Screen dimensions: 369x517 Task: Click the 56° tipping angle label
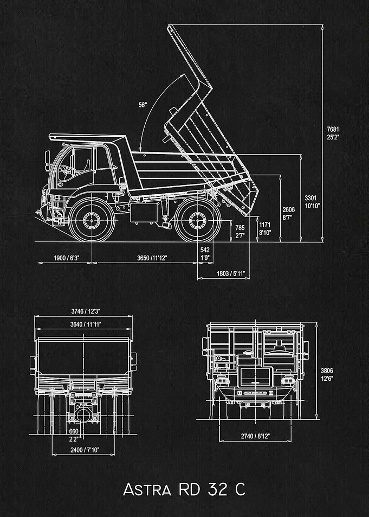(143, 105)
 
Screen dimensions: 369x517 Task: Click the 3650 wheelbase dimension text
(152, 258)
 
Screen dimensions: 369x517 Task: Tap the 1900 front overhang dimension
(67, 258)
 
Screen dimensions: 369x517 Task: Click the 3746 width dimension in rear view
(86, 311)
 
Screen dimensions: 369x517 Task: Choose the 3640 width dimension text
(86, 324)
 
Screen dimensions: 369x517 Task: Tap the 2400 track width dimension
(85, 449)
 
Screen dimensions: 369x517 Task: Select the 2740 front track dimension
(255, 436)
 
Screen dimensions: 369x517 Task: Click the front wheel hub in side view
(92, 220)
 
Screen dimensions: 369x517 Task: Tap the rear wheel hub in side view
(197, 220)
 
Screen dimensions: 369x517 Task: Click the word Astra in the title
(147, 490)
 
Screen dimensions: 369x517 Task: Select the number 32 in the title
(217, 489)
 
